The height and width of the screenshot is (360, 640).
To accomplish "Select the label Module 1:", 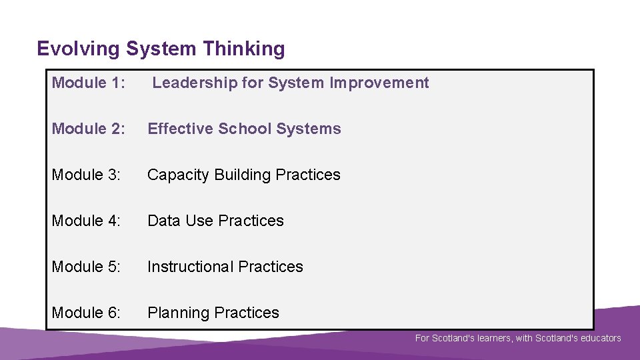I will click(x=89, y=83).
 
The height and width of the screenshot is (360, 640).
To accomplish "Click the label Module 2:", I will click(x=89, y=129).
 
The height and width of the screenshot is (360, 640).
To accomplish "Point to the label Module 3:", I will click(x=87, y=175).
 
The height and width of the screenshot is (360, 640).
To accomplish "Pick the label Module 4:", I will click(x=87, y=221).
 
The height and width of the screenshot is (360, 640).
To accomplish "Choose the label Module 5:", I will click(x=87, y=267).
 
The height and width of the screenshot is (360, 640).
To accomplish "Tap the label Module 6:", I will click(x=87, y=313).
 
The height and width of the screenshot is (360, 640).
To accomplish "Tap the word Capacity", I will click(x=175, y=175).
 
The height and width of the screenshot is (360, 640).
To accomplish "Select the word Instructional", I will click(x=190, y=267).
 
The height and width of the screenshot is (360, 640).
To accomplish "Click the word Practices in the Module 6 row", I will click(x=250, y=313).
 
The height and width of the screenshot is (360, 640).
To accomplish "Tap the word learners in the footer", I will click(x=493, y=338).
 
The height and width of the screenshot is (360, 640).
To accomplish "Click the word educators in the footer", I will click(x=599, y=338).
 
